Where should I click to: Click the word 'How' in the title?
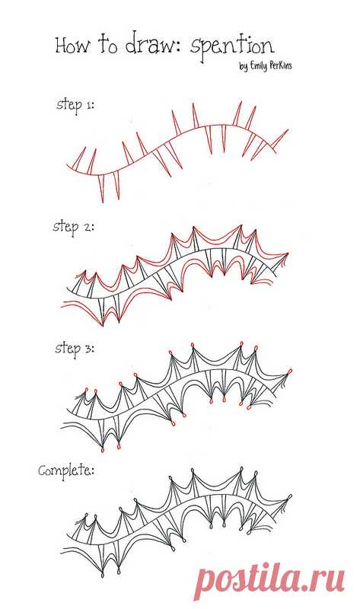coord(72,46)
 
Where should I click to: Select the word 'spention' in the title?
coord(232,47)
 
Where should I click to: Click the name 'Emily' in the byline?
coord(259,66)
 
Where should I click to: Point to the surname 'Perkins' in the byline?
coord(281,65)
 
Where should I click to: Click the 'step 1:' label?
coord(75,106)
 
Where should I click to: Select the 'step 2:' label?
coord(73,227)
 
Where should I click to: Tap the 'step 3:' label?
coord(75,349)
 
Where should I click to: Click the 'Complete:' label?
coord(66,471)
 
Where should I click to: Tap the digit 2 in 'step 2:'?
coord(87,227)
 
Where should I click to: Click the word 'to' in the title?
coord(107,45)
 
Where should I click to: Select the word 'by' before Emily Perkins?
coord(244,67)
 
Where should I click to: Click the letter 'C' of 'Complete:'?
coord(43,471)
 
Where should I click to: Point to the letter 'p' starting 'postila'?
coord(205,584)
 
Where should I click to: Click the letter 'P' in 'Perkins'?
coord(273,65)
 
